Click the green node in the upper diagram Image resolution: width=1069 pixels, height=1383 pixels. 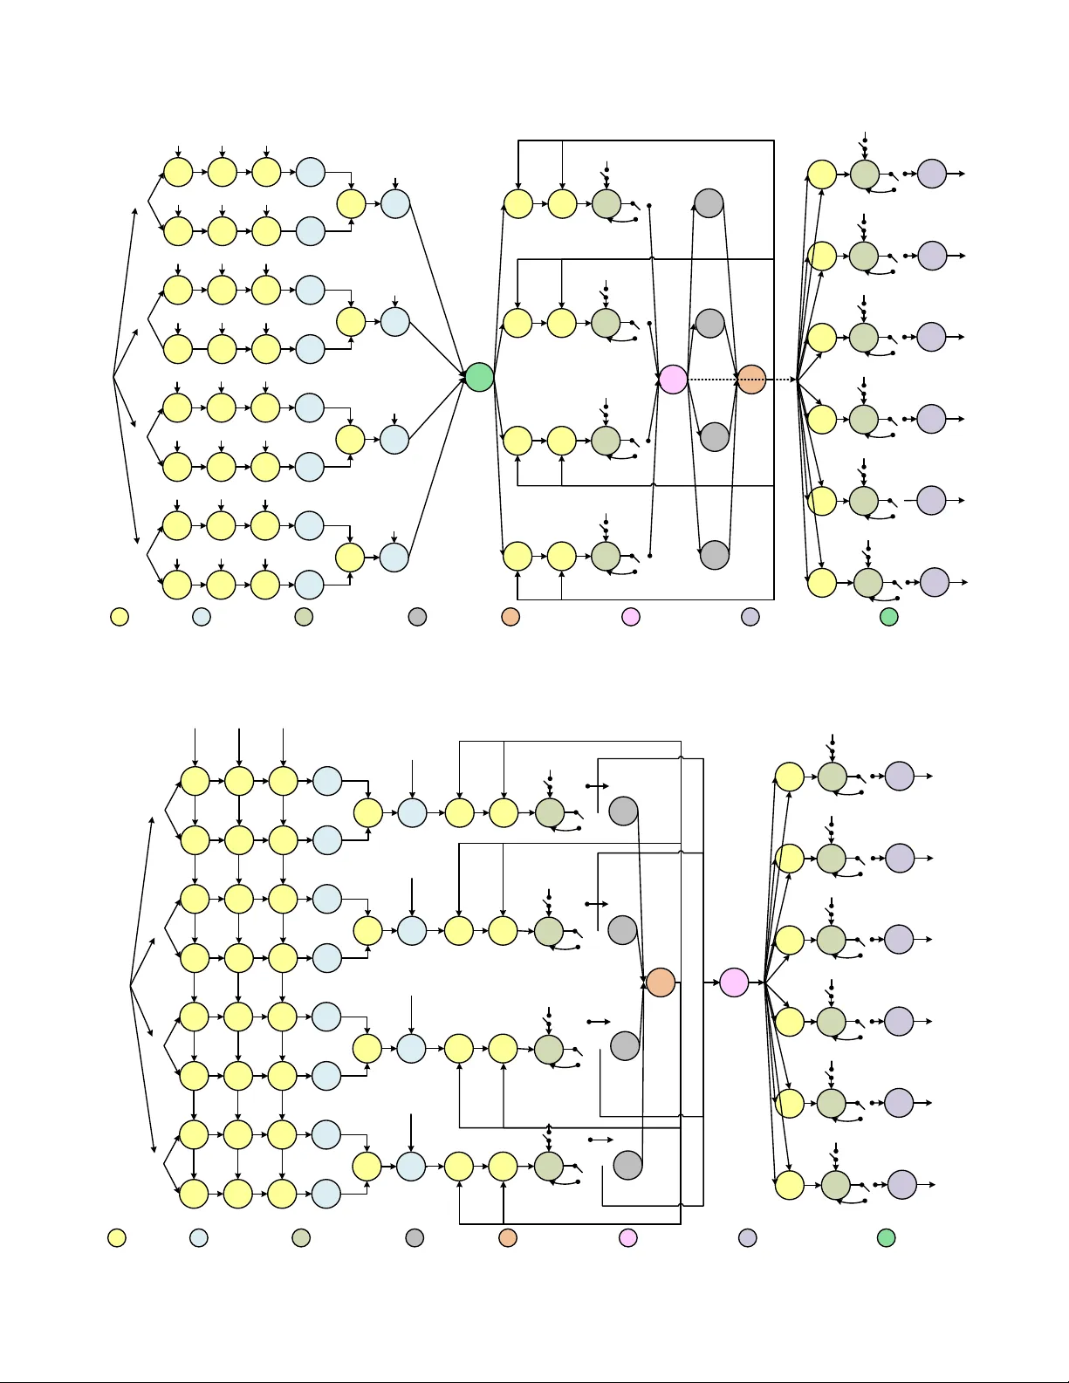[x=479, y=377]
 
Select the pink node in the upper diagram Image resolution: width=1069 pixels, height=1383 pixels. [x=673, y=379]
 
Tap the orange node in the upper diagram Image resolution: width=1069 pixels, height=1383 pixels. [x=751, y=380]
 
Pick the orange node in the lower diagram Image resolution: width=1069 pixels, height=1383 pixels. [x=661, y=982]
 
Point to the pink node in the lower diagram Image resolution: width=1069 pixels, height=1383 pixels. [x=734, y=982]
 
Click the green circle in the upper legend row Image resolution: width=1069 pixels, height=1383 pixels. [x=888, y=617]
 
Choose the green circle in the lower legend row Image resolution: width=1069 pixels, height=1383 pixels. [x=887, y=1237]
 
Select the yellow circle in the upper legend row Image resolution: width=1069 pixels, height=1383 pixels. [x=120, y=617]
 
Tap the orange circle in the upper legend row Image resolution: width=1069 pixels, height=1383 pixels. [x=511, y=617]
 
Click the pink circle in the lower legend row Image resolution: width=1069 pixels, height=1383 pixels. [x=627, y=1237]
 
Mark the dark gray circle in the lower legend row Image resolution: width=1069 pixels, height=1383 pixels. [x=415, y=1237]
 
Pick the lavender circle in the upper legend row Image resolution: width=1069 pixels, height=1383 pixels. [x=750, y=617]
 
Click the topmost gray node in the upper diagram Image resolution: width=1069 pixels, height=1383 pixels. [x=709, y=203]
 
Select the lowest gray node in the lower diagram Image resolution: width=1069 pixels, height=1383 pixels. [x=627, y=1165]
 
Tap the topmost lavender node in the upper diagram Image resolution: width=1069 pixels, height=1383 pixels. [x=932, y=174]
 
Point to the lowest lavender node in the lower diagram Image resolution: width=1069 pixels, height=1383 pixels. [x=901, y=1185]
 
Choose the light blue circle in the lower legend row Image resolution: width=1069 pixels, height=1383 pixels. [x=199, y=1237]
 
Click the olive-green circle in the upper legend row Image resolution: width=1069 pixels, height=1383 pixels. [x=304, y=617]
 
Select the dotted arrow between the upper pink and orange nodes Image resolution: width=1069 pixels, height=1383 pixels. [x=712, y=380]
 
